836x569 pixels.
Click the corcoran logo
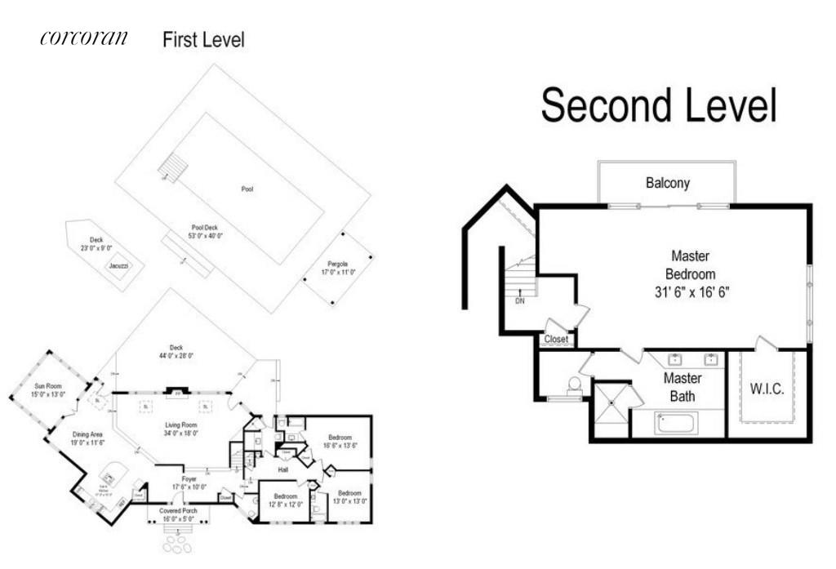point(83,38)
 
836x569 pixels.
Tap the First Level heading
point(203,39)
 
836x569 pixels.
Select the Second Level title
point(658,107)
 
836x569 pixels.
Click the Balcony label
point(667,183)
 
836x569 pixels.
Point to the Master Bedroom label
point(690,273)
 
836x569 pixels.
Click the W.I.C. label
point(767,389)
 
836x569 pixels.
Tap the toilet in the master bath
point(574,385)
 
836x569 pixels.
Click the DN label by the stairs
point(520,300)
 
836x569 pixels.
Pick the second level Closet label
point(556,339)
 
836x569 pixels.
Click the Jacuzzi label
point(118,265)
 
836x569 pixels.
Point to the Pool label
point(247,189)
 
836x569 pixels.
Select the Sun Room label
point(49,385)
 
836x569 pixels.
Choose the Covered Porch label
point(177,510)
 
